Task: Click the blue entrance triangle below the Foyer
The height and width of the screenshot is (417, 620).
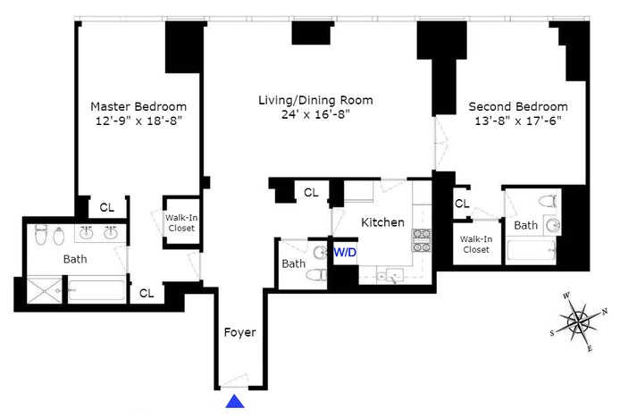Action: tap(235, 401)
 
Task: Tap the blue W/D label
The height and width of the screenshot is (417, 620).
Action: tap(345, 252)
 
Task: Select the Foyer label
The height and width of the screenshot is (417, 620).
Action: tap(239, 332)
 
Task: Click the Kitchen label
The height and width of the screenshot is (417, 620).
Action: tap(382, 222)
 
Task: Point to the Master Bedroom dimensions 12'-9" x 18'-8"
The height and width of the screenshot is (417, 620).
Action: tap(138, 121)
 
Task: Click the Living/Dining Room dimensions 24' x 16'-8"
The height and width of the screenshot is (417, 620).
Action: tap(315, 114)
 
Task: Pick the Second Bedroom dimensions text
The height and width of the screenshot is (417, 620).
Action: tap(518, 121)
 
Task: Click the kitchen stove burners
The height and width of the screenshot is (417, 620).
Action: tap(422, 240)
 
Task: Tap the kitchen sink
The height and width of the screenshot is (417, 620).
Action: tap(390, 276)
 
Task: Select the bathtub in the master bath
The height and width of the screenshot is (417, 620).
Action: tap(96, 291)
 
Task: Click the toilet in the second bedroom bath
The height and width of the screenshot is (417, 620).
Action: tap(549, 201)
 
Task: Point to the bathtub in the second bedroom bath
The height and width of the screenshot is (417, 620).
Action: tap(531, 249)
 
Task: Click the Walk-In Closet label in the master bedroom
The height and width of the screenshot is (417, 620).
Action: tap(181, 223)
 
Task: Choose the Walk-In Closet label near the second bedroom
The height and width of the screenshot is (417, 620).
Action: tap(476, 245)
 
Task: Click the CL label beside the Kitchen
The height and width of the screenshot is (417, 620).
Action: tap(311, 193)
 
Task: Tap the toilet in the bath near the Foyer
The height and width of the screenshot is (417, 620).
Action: tap(317, 275)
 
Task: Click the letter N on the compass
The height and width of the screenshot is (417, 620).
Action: tap(605, 312)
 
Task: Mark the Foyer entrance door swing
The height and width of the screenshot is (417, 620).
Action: tap(234, 380)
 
